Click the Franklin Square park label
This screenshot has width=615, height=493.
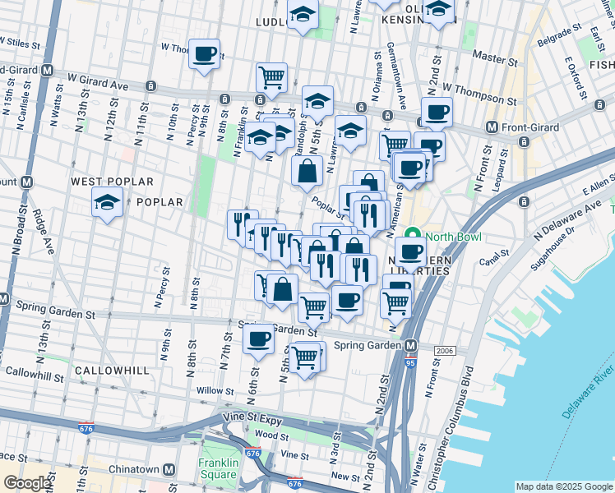point(218,468)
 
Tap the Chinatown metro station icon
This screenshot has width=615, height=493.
point(169,469)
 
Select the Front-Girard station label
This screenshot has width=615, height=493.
point(531,127)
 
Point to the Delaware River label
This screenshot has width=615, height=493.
point(590,385)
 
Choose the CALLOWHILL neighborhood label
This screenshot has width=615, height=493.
point(112,371)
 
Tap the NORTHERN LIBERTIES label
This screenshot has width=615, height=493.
point(415,263)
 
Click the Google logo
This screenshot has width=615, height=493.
point(26,483)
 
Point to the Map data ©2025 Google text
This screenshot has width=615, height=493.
point(562,486)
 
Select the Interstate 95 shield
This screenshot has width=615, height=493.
point(410,361)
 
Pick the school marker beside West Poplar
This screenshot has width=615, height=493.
point(107,200)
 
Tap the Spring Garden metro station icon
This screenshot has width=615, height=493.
point(410,345)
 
